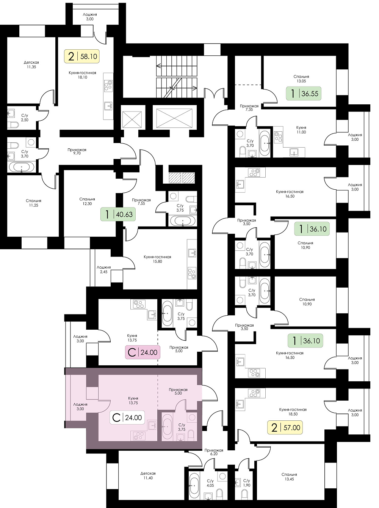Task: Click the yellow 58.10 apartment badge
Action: pos(81,56)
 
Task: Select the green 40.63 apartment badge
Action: pos(118,214)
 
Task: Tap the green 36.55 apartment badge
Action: pos(304,93)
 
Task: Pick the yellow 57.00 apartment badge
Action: pos(285,427)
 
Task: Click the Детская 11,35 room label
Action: pos(31,65)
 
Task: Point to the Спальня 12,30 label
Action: pos(87,201)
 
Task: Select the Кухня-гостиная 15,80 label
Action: pos(157,259)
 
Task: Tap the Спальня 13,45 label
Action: pos(289,477)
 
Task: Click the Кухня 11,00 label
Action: pos(301,130)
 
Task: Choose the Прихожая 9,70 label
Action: pos(77,151)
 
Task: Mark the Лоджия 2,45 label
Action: pos(104,270)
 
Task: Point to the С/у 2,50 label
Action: pos(25,118)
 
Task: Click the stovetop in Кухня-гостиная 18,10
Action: pos(108,85)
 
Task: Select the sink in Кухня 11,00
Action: pos(294,152)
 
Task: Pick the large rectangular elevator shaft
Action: pos(174,118)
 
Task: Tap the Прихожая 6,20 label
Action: pos(214,452)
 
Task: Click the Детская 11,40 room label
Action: pos(148,476)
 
